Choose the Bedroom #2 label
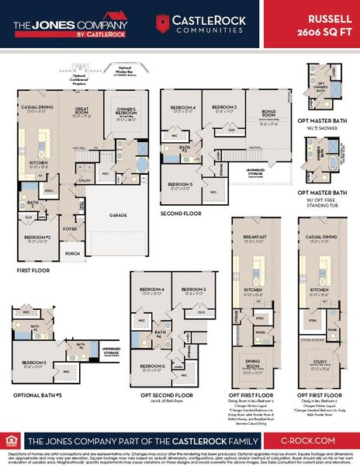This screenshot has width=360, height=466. (x=36, y=237)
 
